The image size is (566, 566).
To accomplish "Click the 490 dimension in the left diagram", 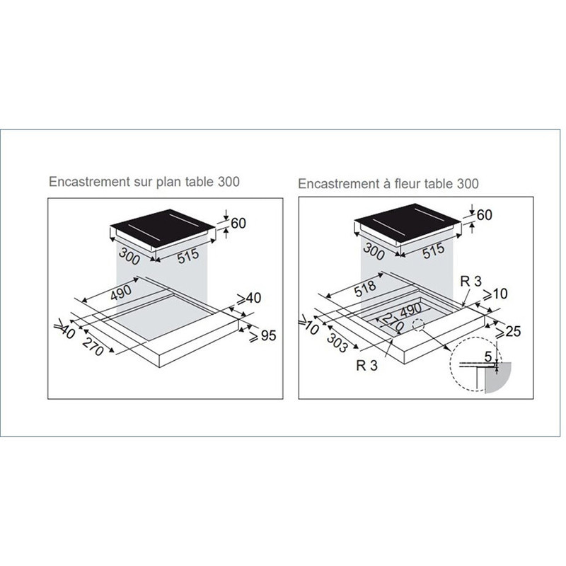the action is [x=121, y=292].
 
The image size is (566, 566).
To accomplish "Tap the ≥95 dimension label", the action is [x=262, y=336].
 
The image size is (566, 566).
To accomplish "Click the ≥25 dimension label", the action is [x=508, y=331].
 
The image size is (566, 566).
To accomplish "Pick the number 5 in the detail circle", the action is [x=488, y=357].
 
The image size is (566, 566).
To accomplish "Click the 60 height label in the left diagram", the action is [x=238, y=223].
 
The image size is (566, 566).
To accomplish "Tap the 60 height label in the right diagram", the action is [x=485, y=215].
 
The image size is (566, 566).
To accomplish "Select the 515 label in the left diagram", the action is [x=188, y=256].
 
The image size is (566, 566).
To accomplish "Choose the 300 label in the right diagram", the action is [x=374, y=251].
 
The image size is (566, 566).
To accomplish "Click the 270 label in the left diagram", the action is [x=93, y=347].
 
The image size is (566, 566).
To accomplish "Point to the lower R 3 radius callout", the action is [x=366, y=365].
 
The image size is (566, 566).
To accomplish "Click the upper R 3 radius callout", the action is [x=471, y=281].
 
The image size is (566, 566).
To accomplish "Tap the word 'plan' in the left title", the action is [x=169, y=182].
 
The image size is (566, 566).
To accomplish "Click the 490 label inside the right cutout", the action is [x=410, y=310].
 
